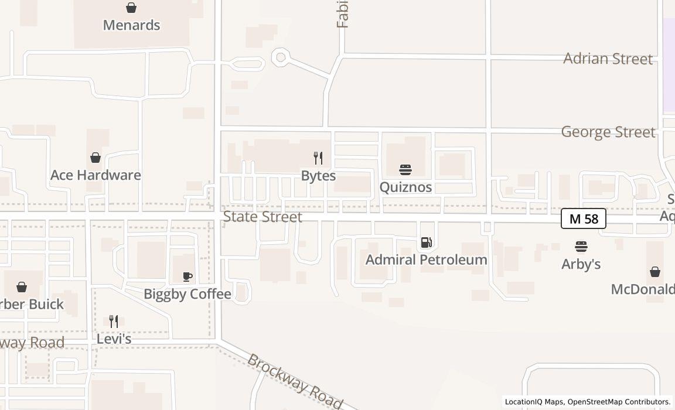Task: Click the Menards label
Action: coord(131,25)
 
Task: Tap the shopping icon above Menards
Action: coord(131,8)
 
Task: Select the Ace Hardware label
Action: coord(96,175)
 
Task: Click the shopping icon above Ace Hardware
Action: coord(96,158)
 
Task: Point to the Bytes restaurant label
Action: coord(318,176)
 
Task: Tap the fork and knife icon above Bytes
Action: coord(318,158)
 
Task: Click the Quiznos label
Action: coord(405,187)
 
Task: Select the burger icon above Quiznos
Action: coord(405,170)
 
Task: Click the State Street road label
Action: coord(262,217)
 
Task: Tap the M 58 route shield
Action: coord(583,219)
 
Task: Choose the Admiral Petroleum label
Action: coord(427,259)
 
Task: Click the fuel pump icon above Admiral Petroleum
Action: coord(427,242)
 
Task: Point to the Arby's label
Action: coord(581,264)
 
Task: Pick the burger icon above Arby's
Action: coord(581,247)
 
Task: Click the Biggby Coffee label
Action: coord(187,294)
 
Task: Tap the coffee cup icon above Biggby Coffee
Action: coord(187,276)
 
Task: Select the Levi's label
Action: coord(114,339)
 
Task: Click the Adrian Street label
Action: coord(608,59)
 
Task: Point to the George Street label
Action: coord(608,132)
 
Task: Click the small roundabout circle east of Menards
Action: coord(281,57)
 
